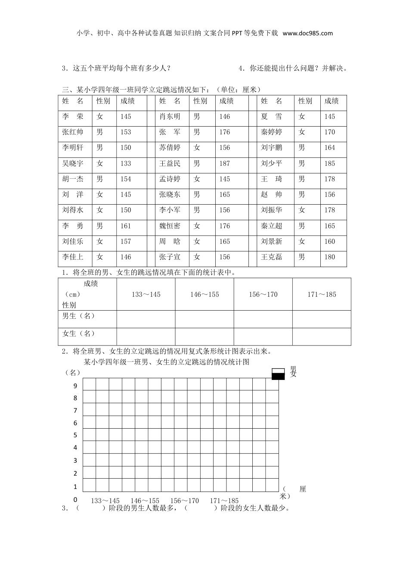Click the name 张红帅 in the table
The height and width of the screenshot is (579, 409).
73,132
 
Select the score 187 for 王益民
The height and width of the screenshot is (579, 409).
225,164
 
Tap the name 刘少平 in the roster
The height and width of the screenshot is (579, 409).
271,164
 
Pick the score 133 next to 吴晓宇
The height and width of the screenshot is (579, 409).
126,164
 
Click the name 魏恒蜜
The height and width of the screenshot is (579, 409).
170,226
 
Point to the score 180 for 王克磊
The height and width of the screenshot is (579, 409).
330,257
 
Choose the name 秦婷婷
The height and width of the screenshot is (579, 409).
271,132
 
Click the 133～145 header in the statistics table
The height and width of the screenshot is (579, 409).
146,295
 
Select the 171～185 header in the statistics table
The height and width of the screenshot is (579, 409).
322,295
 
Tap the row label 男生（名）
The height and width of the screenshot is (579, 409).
78,316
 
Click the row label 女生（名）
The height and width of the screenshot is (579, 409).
78,334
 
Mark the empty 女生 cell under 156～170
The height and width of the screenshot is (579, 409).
263,336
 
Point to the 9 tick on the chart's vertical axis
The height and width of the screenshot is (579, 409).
75,386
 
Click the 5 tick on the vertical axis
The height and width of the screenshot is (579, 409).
75,435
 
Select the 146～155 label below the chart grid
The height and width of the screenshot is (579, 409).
145,501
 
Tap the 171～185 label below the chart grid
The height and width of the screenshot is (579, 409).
224,501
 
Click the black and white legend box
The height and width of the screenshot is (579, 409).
279,374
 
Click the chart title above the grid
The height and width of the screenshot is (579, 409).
167,362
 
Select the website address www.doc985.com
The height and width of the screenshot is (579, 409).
308,33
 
